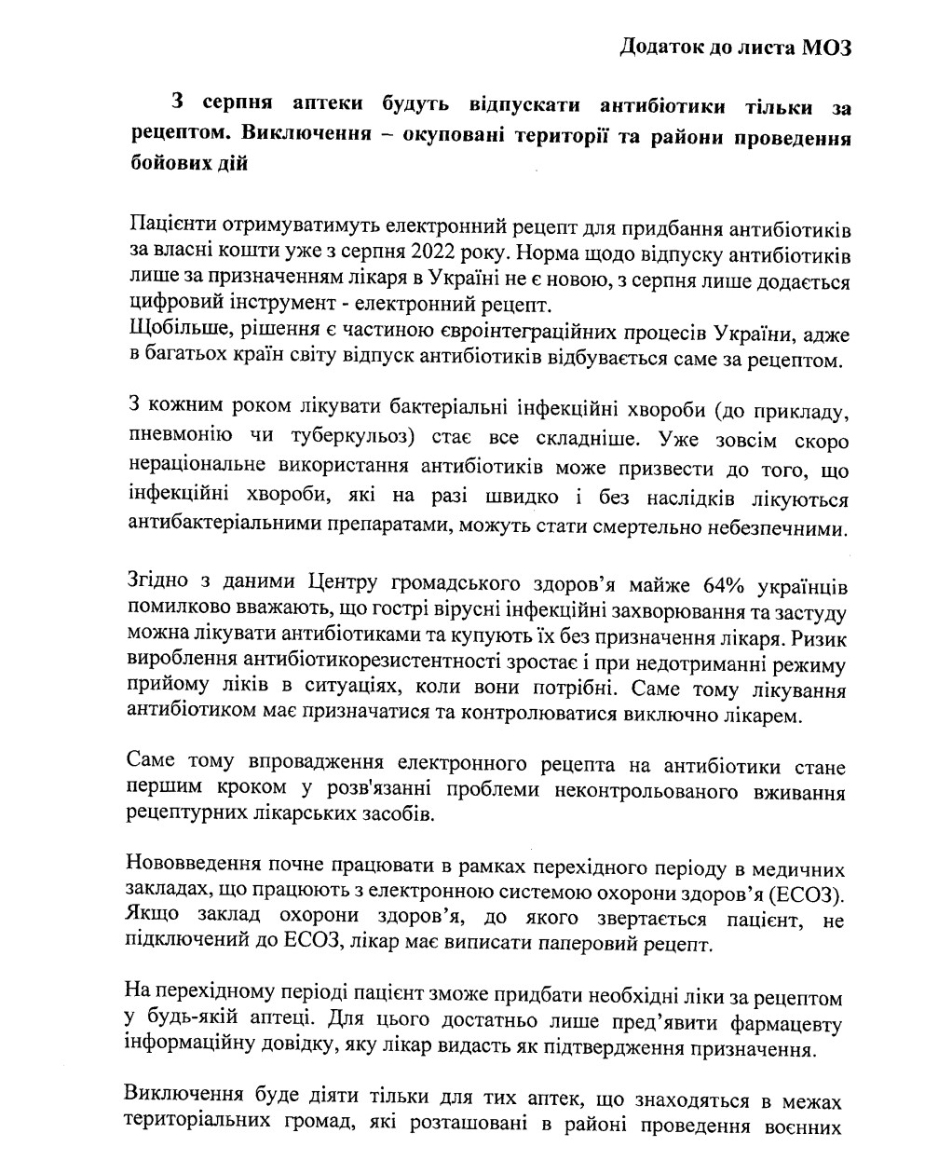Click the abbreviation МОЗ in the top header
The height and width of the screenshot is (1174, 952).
(826, 48)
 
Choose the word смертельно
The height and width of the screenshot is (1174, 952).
(660, 526)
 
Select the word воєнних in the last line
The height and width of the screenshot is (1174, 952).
(803, 1126)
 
